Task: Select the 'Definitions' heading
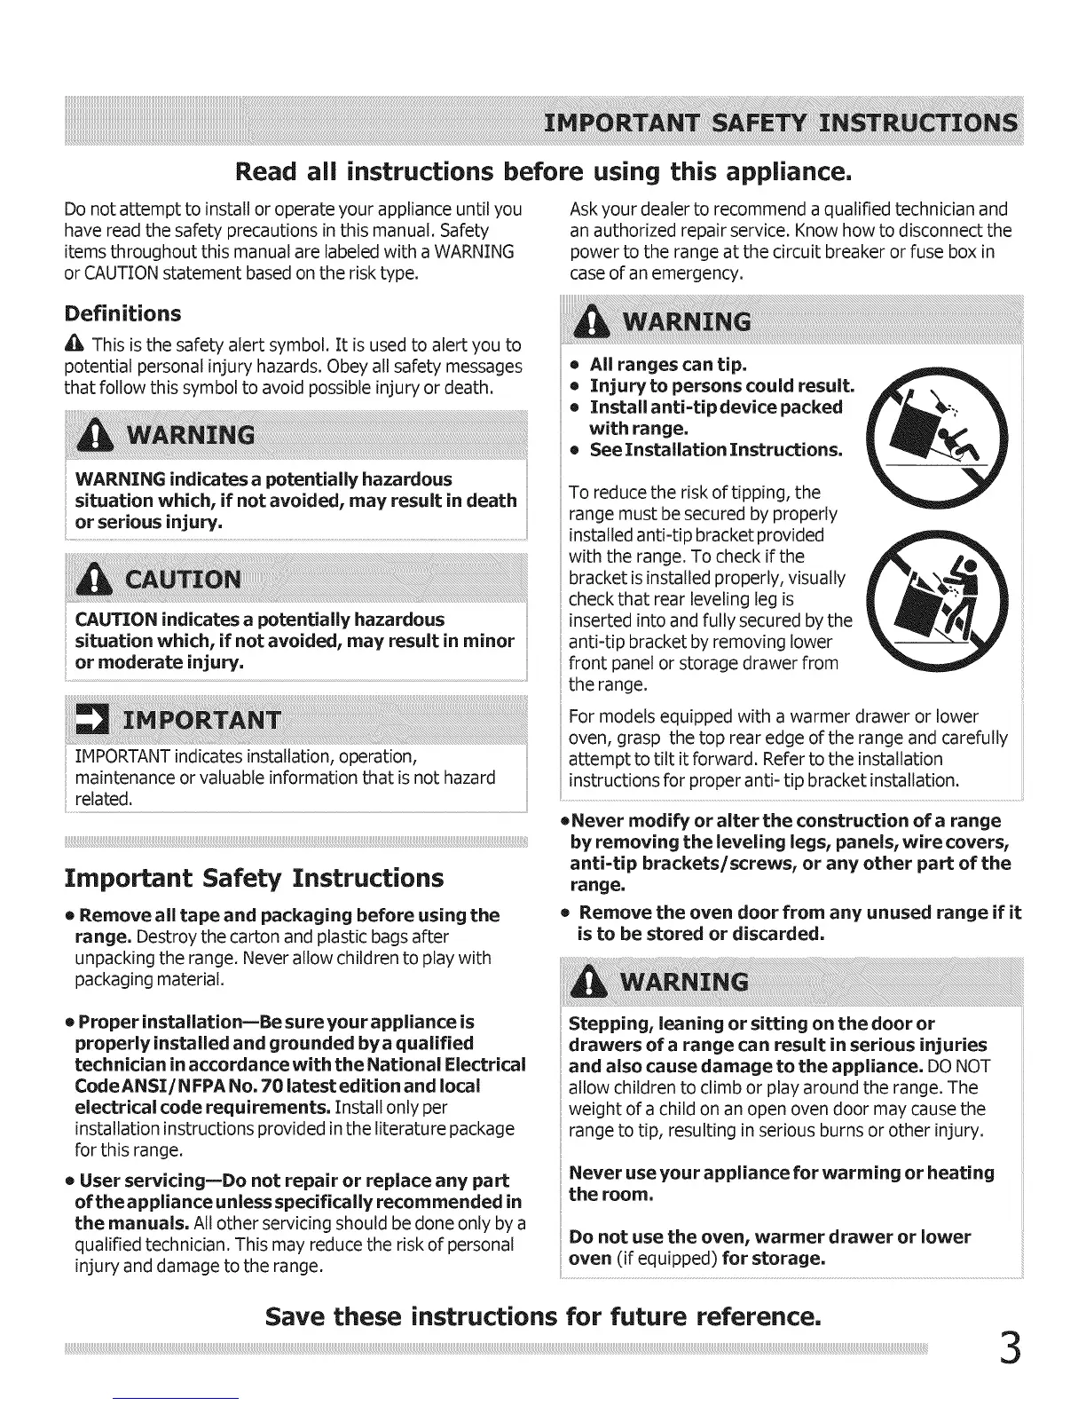click(x=122, y=313)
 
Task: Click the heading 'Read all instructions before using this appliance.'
click(x=543, y=169)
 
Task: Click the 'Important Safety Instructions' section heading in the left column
click(x=254, y=878)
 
